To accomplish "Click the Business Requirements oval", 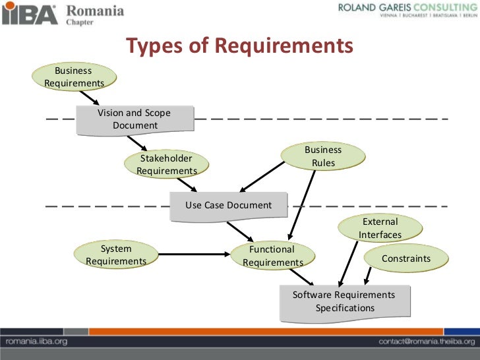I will pyautogui.click(x=74, y=76).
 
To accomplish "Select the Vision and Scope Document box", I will pyautogui.click(x=135, y=119).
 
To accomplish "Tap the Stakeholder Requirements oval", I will pyautogui.click(x=166, y=165).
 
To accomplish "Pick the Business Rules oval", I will pyautogui.click(x=322, y=156).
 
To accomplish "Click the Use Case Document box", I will pyautogui.click(x=228, y=205).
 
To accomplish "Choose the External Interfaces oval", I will pyautogui.click(x=380, y=228).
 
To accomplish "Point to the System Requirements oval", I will pyautogui.click(x=116, y=255).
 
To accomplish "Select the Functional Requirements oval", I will pyautogui.click(x=272, y=256).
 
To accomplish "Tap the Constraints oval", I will pyautogui.click(x=405, y=258).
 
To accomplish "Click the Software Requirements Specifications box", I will pyautogui.click(x=344, y=302).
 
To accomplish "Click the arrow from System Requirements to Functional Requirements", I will pyautogui.click(x=194, y=254).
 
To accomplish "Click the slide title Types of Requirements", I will pyautogui.click(x=240, y=46).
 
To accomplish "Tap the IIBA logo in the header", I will pyautogui.click(x=29, y=13).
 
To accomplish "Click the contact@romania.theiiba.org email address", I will pyautogui.click(x=426, y=342).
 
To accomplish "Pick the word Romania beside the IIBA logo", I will pyautogui.click(x=95, y=10).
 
